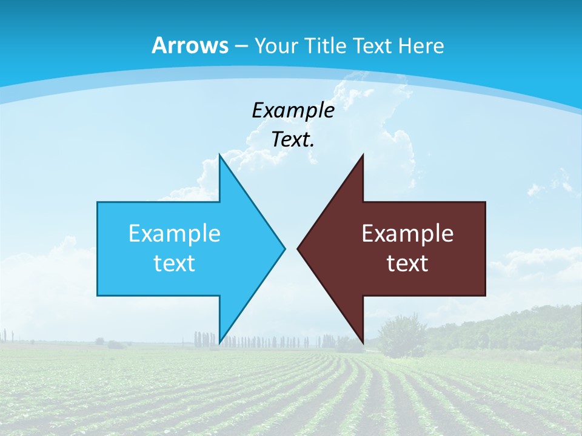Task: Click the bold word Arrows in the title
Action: click(x=190, y=45)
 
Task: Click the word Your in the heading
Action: click(x=275, y=45)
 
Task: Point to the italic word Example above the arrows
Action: click(x=293, y=111)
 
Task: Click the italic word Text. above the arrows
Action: click(x=293, y=140)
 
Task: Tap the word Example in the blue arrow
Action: click(x=175, y=233)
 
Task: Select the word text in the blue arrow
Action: click(x=175, y=263)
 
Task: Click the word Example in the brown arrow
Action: click(x=407, y=233)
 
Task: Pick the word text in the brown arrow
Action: click(x=407, y=263)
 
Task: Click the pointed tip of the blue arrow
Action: click(x=284, y=248)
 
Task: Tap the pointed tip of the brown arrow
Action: click(x=298, y=248)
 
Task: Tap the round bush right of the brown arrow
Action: click(x=401, y=334)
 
